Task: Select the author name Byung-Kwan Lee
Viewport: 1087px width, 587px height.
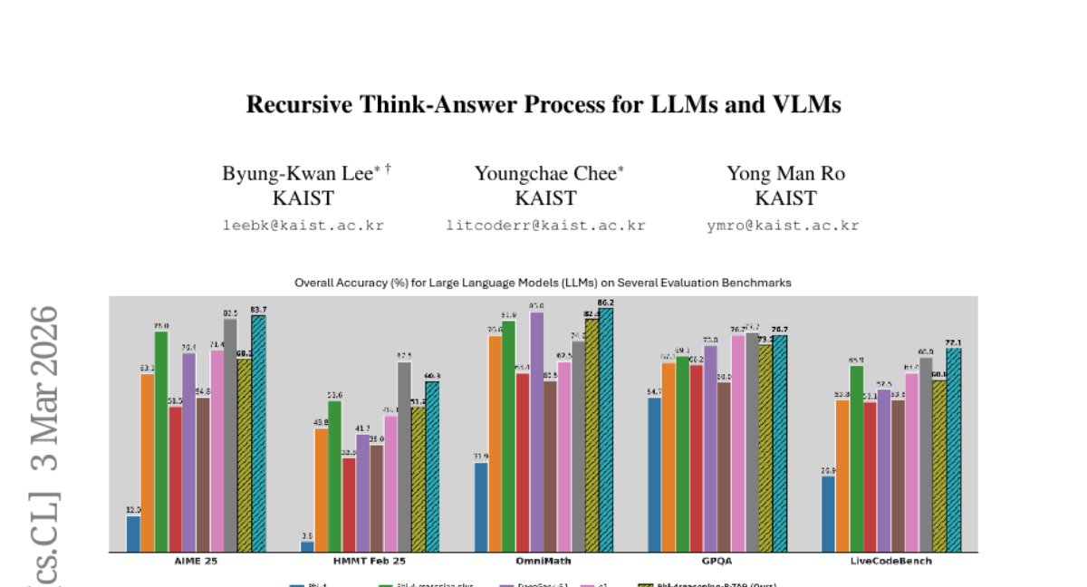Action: coord(297,173)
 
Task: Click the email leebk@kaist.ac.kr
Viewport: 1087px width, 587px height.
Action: coord(303,226)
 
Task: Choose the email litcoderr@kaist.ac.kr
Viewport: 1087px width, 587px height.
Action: coord(545,226)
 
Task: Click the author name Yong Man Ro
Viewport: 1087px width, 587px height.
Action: coord(785,173)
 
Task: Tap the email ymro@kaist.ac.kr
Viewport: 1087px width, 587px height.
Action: coord(783,226)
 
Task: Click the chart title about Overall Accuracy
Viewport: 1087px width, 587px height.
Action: coord(543,283)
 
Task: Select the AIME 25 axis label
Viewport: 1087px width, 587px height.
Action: coord(196,561)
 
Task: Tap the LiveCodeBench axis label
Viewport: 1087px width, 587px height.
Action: coord(891,561)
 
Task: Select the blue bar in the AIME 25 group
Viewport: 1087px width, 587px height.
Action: coord(133,534)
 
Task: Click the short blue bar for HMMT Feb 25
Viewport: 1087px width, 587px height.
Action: coord(307,547)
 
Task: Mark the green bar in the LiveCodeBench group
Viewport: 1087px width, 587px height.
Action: coord(856,458)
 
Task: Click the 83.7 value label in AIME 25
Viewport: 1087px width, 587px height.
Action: coord(258,310)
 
